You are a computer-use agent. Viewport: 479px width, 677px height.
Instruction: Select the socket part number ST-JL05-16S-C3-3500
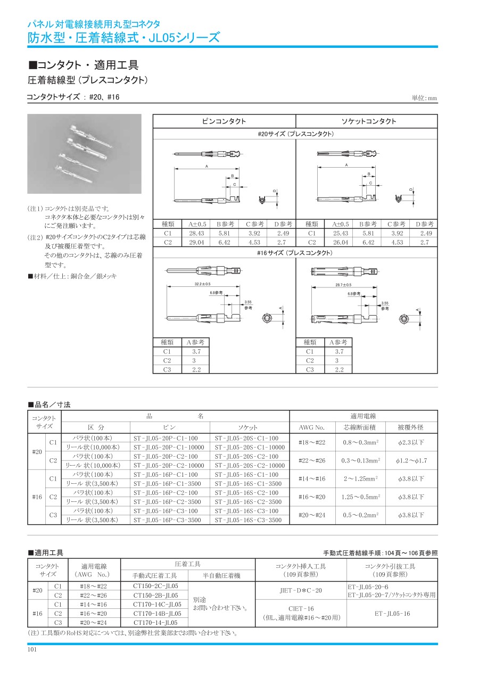pyautogui.click(x=248, y=519)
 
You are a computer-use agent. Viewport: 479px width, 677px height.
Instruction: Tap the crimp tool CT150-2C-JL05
pyautogui.click(x=155, y=585)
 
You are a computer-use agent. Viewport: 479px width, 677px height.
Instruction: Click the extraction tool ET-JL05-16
pyautogui.click(x=392, y=613)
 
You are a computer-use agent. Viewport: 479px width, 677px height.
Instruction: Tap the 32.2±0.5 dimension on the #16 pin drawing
pyautogui.click(x=202, y=284)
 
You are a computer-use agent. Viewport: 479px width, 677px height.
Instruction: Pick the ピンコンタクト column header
pyautogui.click(x=224, y=121)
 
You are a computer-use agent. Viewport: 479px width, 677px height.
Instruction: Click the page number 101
pyautogui.click(x=32, y=649)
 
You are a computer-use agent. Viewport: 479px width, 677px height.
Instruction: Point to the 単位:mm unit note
pyautogui.click(x=424, y=98)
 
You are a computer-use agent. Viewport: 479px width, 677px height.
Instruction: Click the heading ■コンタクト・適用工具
pyautogui.click(x=83, y=65)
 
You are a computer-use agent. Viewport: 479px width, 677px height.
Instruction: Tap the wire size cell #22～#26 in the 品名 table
pyautogui.click(x=312, y=460)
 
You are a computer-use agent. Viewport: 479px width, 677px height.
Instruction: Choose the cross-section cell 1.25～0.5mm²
pyautogui.click(x=361, y=497)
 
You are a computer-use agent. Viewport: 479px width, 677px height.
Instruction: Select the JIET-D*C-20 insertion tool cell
pyautogui.click(x=301, y=590)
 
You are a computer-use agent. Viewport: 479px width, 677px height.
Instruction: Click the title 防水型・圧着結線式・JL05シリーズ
pyautogui.click(x=123, y=37)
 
